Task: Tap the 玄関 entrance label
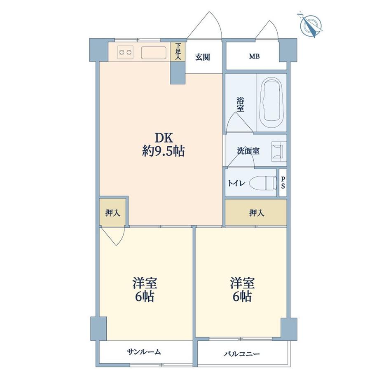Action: (203, 57)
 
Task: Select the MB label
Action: (254, 56)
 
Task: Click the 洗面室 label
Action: (248, 151)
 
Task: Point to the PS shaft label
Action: (283, 182)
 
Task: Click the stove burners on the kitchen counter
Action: (125, 52)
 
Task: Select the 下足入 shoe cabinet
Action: (178, 52)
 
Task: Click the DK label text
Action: (162, 137)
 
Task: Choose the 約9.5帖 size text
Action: (163, 151)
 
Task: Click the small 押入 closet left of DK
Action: (112, 213)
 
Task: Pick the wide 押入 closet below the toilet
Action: (256, 213)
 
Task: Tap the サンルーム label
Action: (144, 352)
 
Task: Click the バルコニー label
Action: (242, 353)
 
